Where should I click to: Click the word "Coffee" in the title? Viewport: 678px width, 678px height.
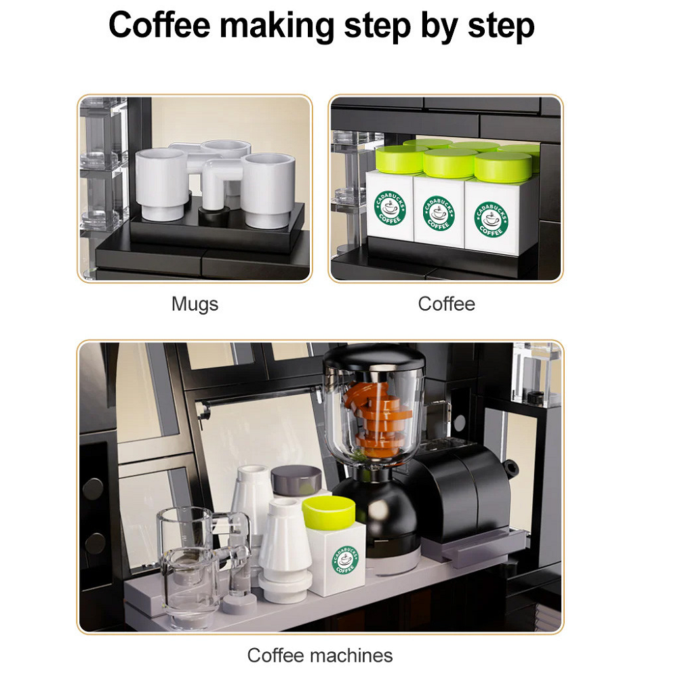[x=159, y=26]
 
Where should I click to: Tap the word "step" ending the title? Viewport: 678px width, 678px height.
[x=501, y=26]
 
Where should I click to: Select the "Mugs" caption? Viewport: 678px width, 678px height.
[x=195, y=304]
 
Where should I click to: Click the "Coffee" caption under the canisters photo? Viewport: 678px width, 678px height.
[x=446, y=304]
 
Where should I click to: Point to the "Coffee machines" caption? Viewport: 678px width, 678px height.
[x=320, y=656]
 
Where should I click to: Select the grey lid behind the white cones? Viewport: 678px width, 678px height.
[x=296, y=479]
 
